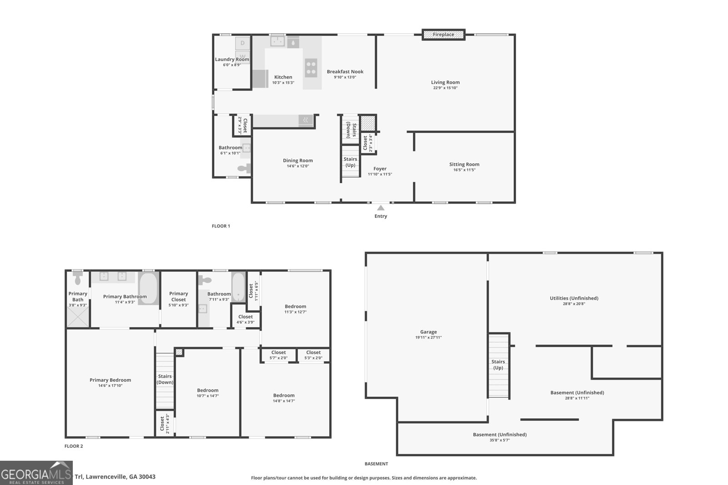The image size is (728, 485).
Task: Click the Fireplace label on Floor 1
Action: (443, 35)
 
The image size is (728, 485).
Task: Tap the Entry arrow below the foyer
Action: (381, 208)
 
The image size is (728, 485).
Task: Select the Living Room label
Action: (445, 82)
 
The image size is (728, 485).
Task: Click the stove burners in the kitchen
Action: (311, 68)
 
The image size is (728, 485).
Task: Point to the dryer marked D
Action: (243, 43)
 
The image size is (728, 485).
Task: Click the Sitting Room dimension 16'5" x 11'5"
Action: (464, 170)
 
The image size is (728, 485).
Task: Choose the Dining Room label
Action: (298, 160)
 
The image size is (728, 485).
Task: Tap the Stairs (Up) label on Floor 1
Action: (350, 162)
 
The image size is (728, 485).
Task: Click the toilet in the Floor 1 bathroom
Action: (244, 169)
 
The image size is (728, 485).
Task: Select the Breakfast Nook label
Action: (345, 71)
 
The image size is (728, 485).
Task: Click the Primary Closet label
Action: (178, 296)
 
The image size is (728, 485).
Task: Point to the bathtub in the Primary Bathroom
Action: (148, 288)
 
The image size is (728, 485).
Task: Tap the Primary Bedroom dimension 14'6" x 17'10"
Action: (110, 386)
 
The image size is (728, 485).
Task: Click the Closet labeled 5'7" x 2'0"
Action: (278, 355)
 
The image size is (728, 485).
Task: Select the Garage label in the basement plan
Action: (428, 332)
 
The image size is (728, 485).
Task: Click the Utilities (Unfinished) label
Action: (574, 298)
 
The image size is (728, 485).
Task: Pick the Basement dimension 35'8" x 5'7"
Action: (500, 440)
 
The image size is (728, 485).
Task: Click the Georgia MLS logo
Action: (36, 473)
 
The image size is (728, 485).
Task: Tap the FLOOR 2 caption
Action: (74, 446)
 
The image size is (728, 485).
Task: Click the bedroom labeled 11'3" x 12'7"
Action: (295, 309)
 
